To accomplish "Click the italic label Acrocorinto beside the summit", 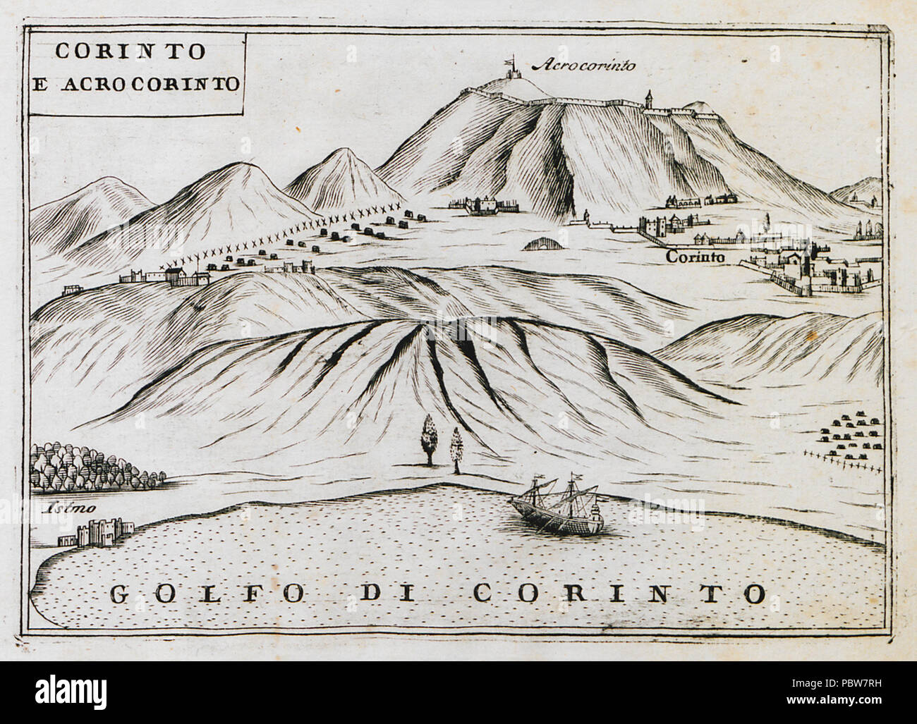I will coord(585,66).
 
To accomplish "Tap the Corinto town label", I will coord(696,259).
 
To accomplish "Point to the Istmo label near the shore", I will coord(59,508).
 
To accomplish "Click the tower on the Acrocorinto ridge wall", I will coord(649,100).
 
